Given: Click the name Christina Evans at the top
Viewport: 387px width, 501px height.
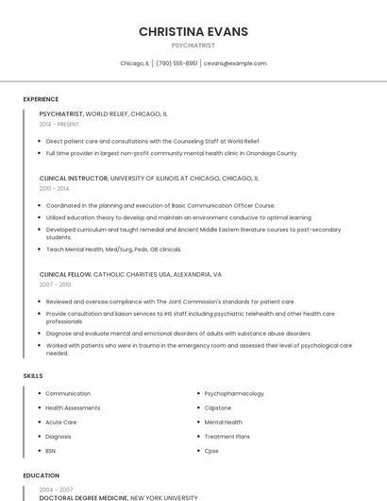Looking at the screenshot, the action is point(193,31).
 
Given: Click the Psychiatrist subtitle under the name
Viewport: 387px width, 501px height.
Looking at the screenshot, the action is point(193,45).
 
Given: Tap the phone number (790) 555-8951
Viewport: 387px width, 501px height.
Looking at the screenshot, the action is point(177,63).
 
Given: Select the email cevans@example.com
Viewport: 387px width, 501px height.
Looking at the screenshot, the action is point(235,63).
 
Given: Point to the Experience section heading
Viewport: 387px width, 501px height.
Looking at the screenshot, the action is point(41,99).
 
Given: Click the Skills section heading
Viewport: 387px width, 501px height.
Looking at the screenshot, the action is point(33,376).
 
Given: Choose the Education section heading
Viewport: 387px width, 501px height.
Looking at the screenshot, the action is point(41,475).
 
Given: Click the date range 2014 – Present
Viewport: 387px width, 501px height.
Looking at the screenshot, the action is point(59,124).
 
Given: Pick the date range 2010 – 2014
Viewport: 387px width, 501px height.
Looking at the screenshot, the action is point(54,188).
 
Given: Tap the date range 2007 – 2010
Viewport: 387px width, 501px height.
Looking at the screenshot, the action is point(55,285).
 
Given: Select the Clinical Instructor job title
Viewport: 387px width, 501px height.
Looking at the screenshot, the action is point(74,178).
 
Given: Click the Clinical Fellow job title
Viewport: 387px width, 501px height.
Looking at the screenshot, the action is point(65,274).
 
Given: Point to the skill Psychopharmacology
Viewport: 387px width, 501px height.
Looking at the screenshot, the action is point(234,393).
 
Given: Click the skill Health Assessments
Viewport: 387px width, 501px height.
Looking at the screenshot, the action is point(74,407).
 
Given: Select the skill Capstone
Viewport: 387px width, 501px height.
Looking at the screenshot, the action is point(218,407).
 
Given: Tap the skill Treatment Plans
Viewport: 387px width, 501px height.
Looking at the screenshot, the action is point(227,436).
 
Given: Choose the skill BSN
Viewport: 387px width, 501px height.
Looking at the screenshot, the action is point(51,451).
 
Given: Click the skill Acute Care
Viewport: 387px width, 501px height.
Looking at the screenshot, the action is point(61,422).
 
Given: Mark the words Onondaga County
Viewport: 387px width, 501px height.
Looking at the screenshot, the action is point(272,153).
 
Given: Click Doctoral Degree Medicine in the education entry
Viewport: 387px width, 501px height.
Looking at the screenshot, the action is point(83,497).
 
